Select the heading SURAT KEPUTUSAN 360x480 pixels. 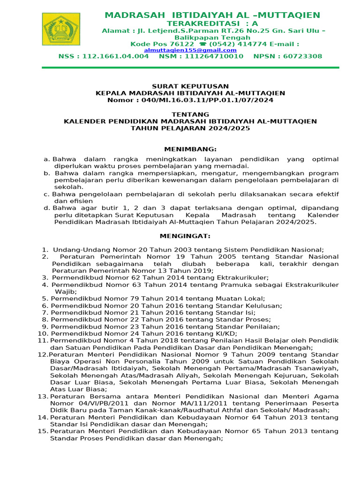coord(190,86)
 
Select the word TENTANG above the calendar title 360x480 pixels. coord(190,114)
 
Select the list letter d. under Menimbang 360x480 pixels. coord(47,208)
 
